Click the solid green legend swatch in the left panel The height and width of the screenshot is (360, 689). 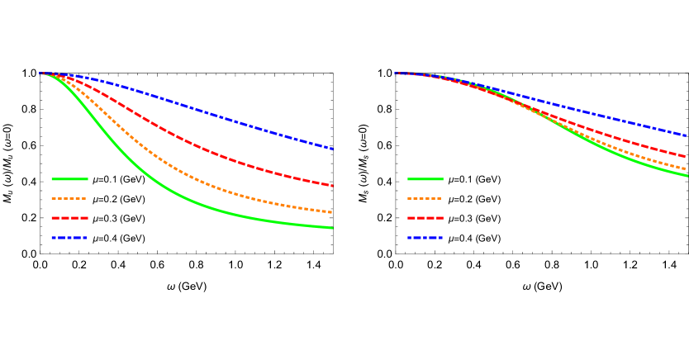pos(69,179)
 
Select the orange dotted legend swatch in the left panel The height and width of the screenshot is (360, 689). pos(69,199)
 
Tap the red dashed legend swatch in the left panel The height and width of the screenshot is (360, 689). pos(69,218)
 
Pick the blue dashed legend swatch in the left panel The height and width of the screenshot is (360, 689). pos(69,238)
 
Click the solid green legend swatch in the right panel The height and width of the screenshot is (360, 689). pos(425,179)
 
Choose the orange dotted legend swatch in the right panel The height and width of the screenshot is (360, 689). pos(425,199)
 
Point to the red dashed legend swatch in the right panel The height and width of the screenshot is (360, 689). pos(425,218)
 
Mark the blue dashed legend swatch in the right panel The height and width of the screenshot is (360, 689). pos(425,238)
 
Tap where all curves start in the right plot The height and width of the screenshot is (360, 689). pos(397,73)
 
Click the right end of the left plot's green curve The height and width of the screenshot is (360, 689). pos(332,228)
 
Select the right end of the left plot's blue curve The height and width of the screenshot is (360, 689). pos(332,149)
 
